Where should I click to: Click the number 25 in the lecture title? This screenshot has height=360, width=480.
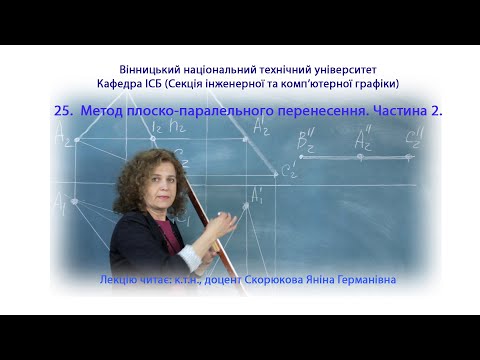[64, 112]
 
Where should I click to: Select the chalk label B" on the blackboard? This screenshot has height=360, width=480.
[306, 140]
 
